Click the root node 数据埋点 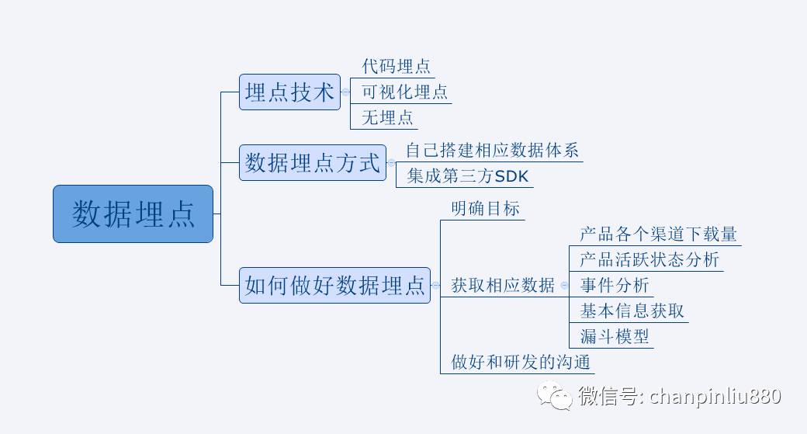tap(133, 214)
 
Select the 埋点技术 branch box tap(289, 92)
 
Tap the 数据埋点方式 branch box tap(313, 163)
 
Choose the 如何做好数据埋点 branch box tap(334, 285)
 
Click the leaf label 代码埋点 tap(396, 67)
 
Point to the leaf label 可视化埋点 tap(404, 92)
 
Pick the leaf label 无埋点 tap(387, 118)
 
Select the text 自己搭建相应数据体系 tap(492, 151)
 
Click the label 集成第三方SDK tap(467, 176)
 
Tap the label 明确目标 tap(485, 209)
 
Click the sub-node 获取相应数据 tap(503, 285)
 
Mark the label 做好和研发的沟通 tap(521, 362)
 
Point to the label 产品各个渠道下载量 tap(658, 234)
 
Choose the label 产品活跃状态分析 tap(649, 259)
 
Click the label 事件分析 tap(615, 285)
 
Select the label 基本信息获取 tap(632, 311)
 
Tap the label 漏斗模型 tap(615, 337)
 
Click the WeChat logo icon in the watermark tap(555, 396)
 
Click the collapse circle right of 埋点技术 tap(345, 92)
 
